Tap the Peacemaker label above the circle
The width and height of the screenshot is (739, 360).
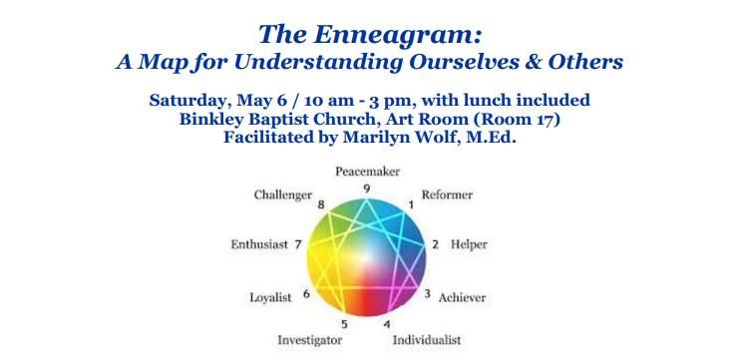click(x=368, y=173)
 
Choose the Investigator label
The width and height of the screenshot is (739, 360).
click(x=310, y=340)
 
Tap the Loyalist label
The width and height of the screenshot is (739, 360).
click(x=269, y=296)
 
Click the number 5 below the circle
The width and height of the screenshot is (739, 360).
click(x=345, y=324)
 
